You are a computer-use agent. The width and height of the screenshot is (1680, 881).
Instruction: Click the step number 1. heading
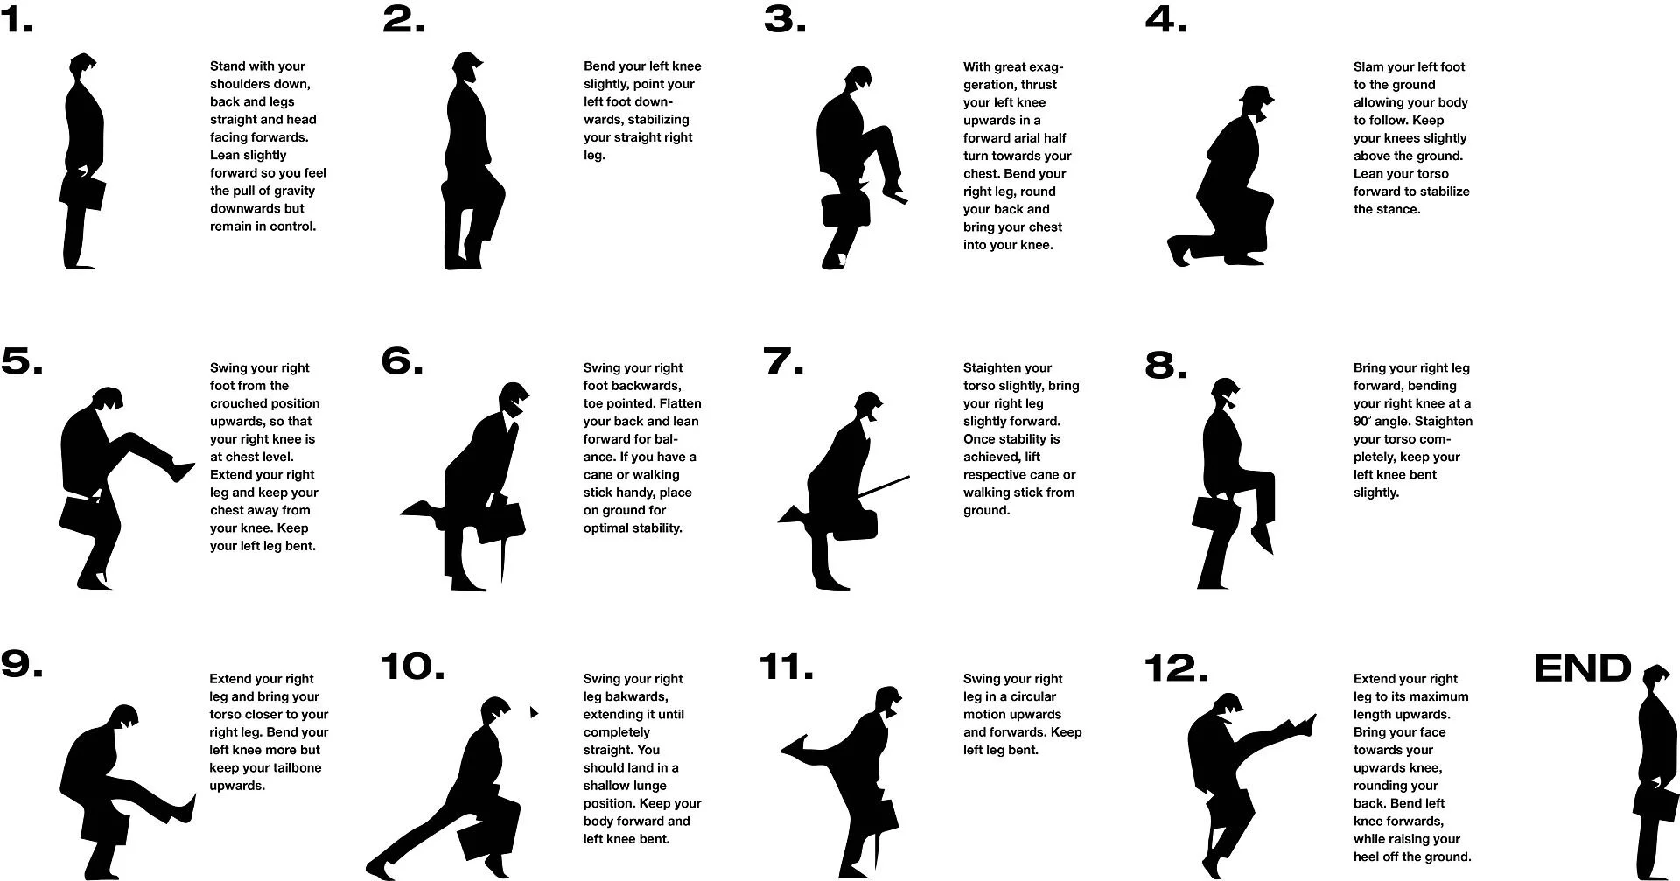[x=17, y=19]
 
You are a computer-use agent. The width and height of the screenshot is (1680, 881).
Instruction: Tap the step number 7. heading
[x=782, y=361]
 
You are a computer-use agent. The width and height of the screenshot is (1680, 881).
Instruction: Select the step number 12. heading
[x=1175, y=668]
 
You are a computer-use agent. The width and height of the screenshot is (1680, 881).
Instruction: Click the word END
[x=1582, y=668]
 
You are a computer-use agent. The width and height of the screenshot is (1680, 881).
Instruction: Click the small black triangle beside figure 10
[x=533, y=712]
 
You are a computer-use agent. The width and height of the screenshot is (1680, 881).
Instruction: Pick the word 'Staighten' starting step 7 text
[x=995, y=368]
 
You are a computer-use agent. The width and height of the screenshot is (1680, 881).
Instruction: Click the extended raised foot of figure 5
[x=184, y=470]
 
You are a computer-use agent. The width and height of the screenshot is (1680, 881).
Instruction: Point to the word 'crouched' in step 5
[x=237, y=404]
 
